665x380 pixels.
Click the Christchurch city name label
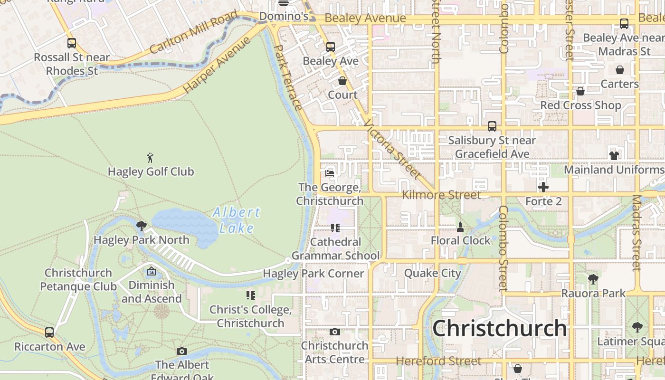[x=499, y=328]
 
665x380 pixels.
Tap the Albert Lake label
[x=237, y=220]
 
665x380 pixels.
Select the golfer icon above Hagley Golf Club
[x=151, y=158]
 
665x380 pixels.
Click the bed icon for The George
[x=330, y=173]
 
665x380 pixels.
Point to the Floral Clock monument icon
[x=460, y=227]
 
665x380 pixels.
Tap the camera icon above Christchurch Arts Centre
[x=335, y=332]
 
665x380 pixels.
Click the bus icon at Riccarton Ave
[x=49, y=332]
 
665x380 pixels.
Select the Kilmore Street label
[x=441, y=195]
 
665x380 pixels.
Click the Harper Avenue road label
[x=217, y=65]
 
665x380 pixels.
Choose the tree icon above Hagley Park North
[x=141, y=225]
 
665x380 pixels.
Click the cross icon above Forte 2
[x=543, y=187]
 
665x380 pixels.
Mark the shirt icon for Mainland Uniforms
[x=614, y=155]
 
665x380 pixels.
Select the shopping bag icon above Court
[x=342, y=81]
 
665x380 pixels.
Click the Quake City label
[x=432, y=273]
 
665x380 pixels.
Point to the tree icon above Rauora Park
[x=593, y=279]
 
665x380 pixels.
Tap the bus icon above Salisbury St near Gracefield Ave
[x=492, y=126]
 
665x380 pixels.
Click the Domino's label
[x=284, y=17]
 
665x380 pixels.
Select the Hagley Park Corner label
[x=313, y=274]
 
